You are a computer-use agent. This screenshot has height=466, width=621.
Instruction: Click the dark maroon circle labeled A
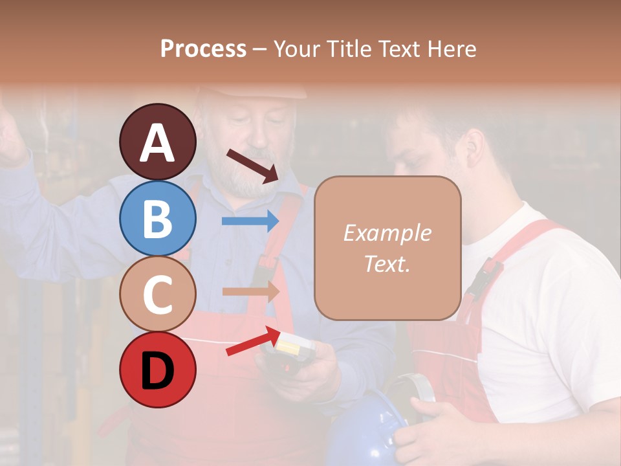click(157, 142)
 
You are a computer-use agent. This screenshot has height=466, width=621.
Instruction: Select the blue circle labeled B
click(157, 218)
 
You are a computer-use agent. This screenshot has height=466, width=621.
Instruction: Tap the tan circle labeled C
click(157, 294)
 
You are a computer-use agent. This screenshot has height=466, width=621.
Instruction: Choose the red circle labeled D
click(157, 370)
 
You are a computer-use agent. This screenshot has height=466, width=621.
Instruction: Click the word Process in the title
click(203, 49)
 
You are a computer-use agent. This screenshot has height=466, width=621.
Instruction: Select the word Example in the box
click(387, 233)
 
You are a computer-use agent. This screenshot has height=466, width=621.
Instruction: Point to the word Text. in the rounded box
click(387, 263)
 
